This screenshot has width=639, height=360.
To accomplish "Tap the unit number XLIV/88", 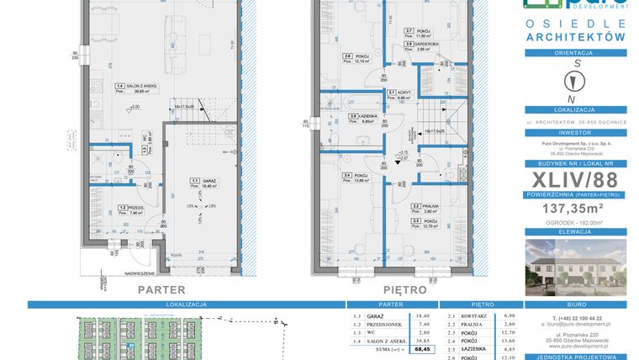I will click(x=576, y=181).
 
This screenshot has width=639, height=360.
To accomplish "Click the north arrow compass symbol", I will click(x=576, y=82).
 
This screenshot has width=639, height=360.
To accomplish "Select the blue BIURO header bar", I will click(x=576, y=308).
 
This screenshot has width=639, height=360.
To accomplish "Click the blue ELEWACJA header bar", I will click(x=576, y=235).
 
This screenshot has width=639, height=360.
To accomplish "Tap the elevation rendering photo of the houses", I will click(x=576, y=267).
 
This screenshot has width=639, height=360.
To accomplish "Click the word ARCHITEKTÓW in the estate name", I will click(x=576, y=38).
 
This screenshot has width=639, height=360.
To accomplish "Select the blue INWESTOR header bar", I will click(x=576, y=132).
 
